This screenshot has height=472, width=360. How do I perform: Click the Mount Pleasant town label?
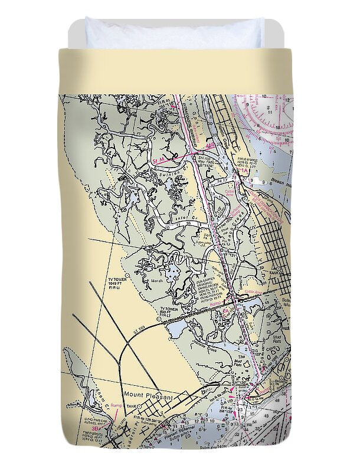point(148,396)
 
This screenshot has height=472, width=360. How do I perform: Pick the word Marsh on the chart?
point(156,281)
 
